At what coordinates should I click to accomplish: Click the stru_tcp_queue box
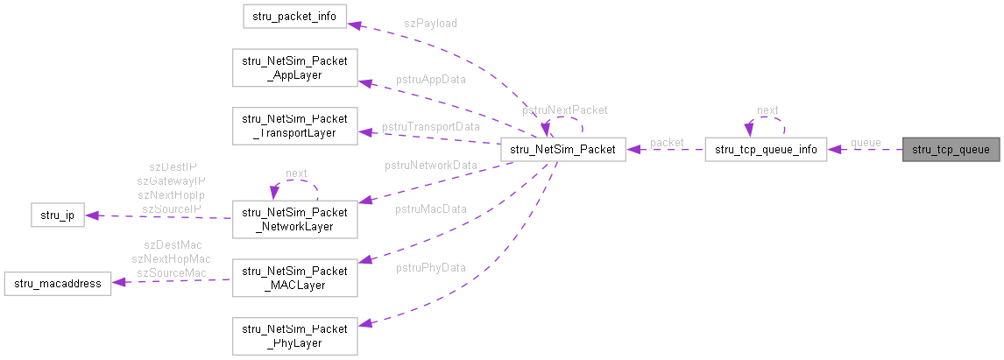951,150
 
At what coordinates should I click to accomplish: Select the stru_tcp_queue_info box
766,150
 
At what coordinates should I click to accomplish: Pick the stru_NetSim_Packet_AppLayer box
294,68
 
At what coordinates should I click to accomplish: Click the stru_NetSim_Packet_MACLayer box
294,276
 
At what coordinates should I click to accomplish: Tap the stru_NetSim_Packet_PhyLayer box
294,335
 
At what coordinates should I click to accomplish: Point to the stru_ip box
57,215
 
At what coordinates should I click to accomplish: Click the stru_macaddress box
58,283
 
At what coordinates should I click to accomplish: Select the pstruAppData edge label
430,79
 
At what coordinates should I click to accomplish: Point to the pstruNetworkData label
431,165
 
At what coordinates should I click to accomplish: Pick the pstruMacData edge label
430,208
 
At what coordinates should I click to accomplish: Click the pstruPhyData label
430,267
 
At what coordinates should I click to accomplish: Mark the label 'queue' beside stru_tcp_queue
866,142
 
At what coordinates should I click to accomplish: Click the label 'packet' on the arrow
667,142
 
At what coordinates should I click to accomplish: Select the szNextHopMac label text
171,258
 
